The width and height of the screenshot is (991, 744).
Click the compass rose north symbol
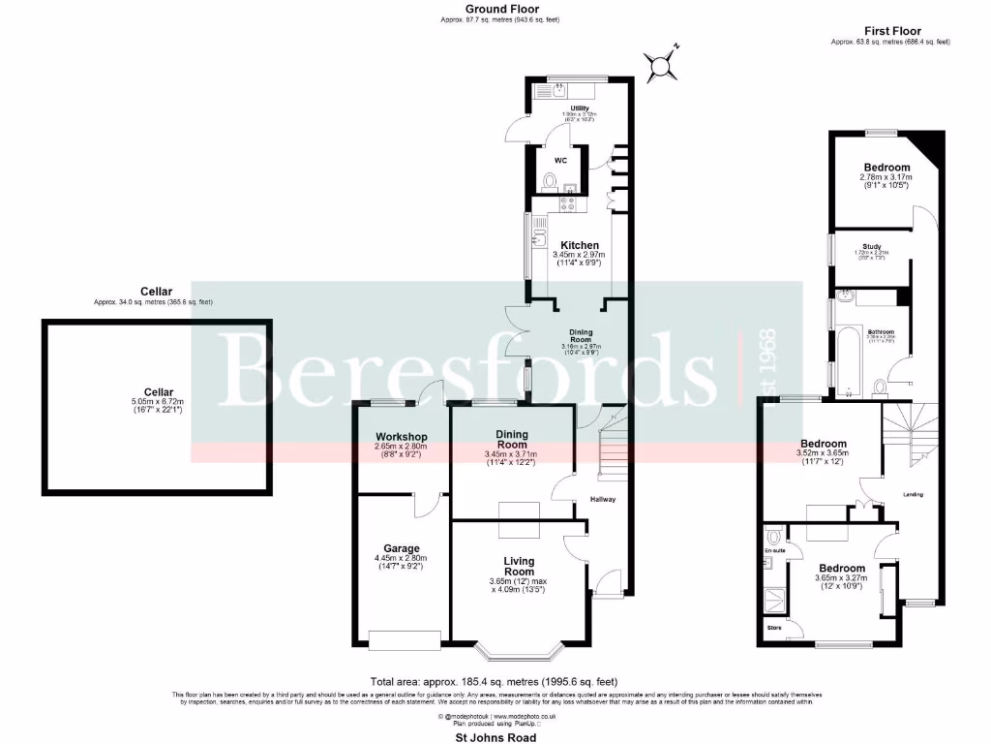pos(663,64)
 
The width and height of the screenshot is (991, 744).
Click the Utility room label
pos(580,108)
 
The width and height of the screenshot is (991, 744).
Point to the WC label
pos(560,159)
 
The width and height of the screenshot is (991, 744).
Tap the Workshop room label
pos(401,437)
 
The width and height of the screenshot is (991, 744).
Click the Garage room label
pos(401,548)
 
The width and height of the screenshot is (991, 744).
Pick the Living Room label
pos(519,566)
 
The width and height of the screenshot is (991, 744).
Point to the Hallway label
pos(604,500)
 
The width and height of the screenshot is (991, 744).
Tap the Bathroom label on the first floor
pos(880,330)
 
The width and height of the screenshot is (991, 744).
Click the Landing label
pos(913,495)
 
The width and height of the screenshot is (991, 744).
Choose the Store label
pos(773,628)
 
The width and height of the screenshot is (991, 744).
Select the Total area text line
pos(496,681)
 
